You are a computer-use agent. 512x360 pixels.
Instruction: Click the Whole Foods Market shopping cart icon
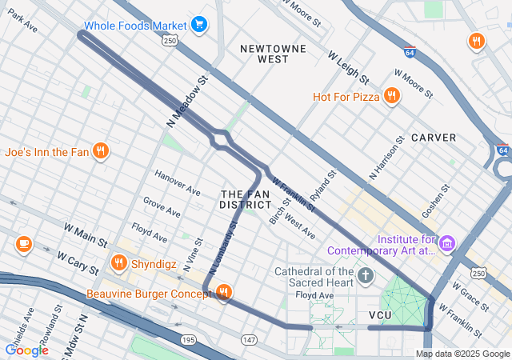click(x=199, y=26)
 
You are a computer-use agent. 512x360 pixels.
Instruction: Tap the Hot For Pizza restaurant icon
click(x=391, y=97)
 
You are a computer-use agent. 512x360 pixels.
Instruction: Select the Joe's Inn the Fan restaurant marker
click(x=100, y=151)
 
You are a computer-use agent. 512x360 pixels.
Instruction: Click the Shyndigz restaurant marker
click(x=119, y=262)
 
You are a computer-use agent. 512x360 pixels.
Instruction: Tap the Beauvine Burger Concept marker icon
click(x=223, y=294)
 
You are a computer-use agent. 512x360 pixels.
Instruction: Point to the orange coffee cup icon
click(x=23, y=243)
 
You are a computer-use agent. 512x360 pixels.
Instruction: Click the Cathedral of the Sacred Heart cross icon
click(x=366, y=277)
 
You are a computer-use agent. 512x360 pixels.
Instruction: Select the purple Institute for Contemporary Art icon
click(x=447, y=242)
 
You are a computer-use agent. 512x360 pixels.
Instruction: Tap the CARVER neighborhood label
click(x=434, y=138)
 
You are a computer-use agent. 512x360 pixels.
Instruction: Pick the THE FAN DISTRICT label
click(x=246, y=200)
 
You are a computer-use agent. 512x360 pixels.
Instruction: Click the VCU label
click(x=379, y=315)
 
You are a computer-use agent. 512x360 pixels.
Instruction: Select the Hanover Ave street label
click(x=177, y=183)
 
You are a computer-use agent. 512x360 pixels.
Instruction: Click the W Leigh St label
click(x=348, y=68)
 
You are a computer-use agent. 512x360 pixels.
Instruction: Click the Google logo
click(x=26, y=350)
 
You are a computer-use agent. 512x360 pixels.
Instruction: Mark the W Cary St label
click(x=78, y=262)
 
